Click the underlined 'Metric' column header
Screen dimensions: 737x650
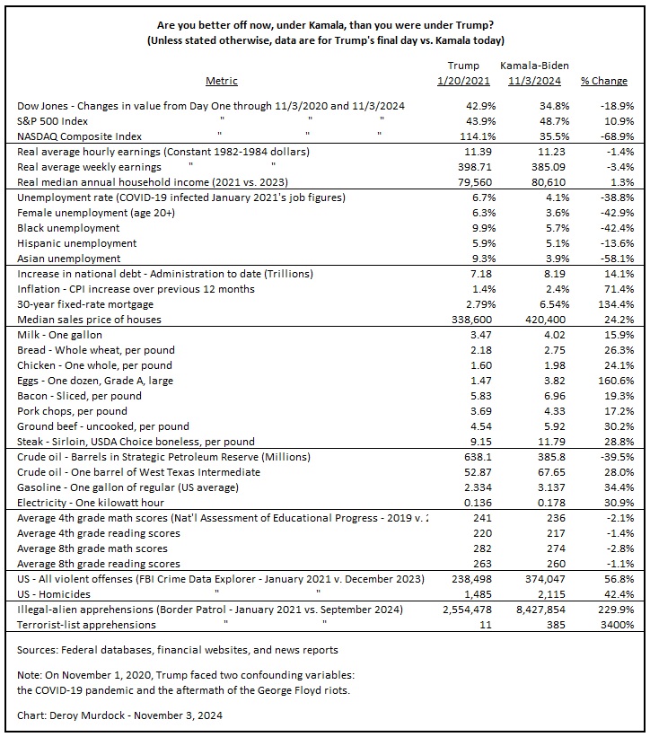tap(221, 81)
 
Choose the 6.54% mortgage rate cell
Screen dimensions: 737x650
tap(542, 304)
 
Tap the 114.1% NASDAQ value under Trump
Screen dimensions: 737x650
tap(466, 136)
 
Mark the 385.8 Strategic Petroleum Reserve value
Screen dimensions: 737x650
tap(546, 457)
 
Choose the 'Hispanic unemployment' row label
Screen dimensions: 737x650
tap(77, 243)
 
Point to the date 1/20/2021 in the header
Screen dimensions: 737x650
tap(463, 81)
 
